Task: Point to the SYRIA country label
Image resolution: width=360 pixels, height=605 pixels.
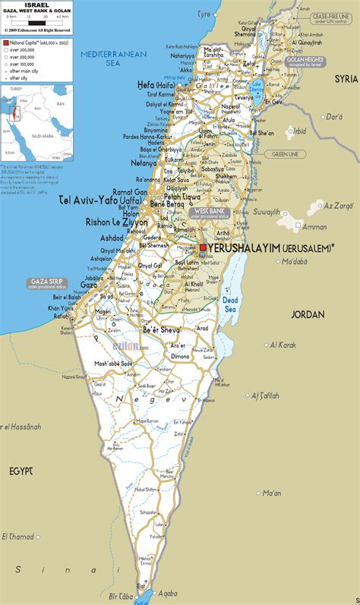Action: pos(346,78)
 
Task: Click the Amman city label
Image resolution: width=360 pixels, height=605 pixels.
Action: pos(314,226)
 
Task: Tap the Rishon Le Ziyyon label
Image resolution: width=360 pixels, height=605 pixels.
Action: pos(117,223)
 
